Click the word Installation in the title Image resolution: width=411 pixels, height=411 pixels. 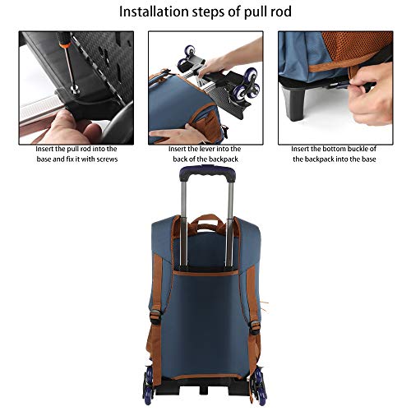point(154,12)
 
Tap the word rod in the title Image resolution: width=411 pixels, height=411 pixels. point(281,12)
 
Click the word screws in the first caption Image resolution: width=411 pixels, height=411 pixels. point(107,159)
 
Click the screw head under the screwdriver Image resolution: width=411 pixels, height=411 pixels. point(74,88)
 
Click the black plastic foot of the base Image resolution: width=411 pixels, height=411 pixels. point(293,104)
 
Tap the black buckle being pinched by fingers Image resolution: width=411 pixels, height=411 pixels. point(339,85)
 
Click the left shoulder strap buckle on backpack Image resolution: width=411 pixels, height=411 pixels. point(155,316)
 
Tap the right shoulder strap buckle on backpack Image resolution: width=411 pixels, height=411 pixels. point(254,326)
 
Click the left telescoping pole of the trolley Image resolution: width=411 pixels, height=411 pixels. point(184,224)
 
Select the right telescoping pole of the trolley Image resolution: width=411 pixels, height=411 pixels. point(229,224)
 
